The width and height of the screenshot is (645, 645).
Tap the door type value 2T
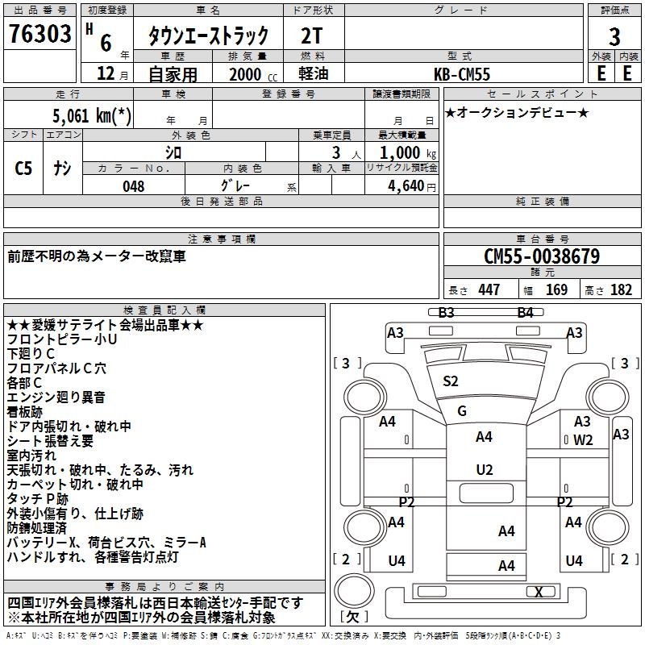click(x=314, y=35)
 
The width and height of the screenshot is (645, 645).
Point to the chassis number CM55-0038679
click(x=541, y=256)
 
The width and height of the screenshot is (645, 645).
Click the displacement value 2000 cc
click(x=246, y=74)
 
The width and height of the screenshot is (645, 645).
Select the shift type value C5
click(x=24, y=169)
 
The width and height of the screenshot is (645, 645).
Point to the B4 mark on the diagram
click(x=526, y=312)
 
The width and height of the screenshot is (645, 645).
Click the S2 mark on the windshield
click(x=451, y=381)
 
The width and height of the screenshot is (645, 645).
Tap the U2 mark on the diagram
click(x=484, y=470)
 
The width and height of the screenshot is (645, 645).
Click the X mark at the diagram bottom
click(x=539, y=592)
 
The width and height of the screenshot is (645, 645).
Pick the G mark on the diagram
click(x=462, y=411)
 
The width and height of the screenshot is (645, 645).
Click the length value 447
click(x=489, y=290)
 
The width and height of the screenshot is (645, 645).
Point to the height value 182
click(x=622, y=290)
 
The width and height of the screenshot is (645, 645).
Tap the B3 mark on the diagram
click(x=447, y=312)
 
